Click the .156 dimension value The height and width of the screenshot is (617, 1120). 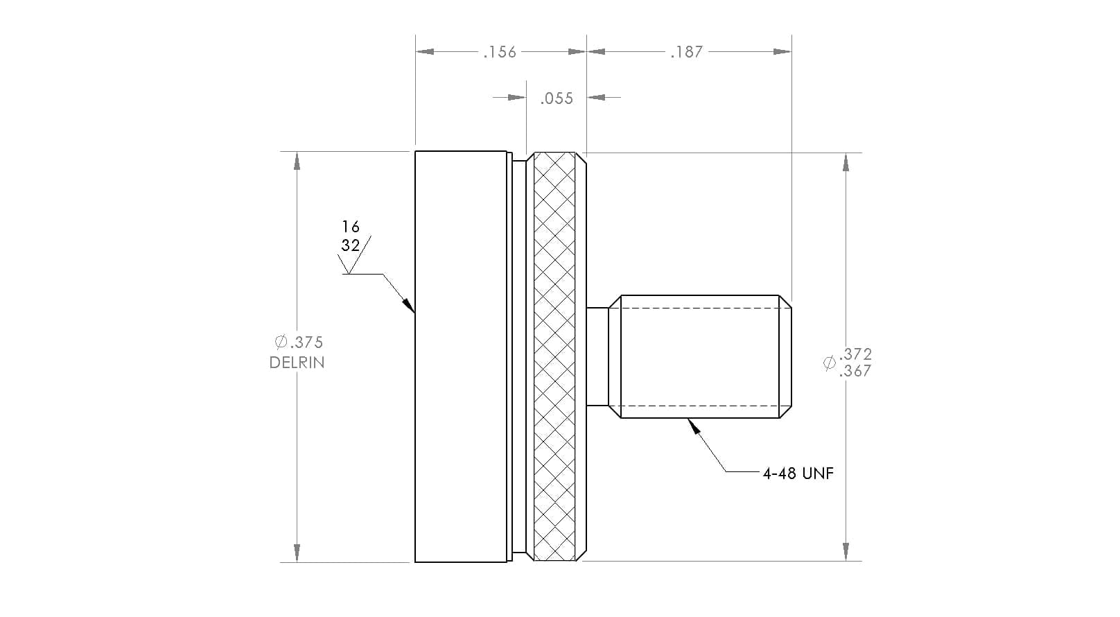tap(500, 52)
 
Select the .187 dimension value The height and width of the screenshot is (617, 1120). tap(687, 52)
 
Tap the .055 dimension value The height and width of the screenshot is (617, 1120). tap(557, 98)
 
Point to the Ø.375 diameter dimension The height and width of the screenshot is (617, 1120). tap(299, 342)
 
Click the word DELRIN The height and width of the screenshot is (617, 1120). tap(297, 363)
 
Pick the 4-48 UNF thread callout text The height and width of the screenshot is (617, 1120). tap(798, 473)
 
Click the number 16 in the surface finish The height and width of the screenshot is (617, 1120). tap(351, 227)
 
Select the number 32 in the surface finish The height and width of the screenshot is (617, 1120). tap(351, 245)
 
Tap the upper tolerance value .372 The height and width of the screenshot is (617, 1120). tap(855, 354)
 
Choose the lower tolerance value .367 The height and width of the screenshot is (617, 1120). tap(855, 371)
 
